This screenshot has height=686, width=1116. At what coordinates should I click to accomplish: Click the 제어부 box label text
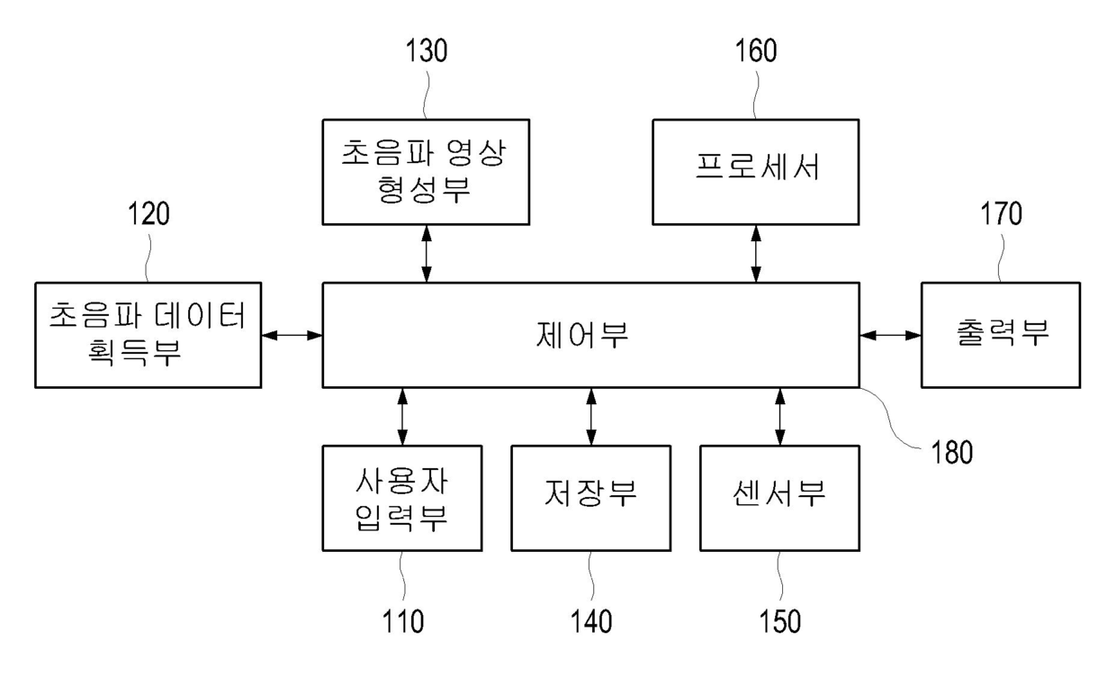pyautogui.click(x=590, y=335)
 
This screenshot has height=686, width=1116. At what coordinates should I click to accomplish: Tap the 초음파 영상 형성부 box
pyautogui.click(x=426, y=171)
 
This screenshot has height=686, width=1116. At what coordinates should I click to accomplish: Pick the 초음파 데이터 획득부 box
pyautogui.click(x=148, y=335)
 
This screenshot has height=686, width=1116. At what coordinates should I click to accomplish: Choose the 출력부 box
pyautogui.click(x=1000, y=335)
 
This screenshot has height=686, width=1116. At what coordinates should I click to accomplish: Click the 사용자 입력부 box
pyautogui.click(x=401, y=497)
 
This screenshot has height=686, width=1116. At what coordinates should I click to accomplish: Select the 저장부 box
pyautogui.click(x=590, y=497)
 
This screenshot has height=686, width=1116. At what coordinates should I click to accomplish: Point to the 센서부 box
pyautogui.click(x=779, y=497)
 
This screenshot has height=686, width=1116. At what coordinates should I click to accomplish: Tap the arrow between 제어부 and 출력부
pyautogui.click(x=890, y=335)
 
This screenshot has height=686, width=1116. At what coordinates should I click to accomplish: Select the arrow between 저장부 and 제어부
pyautogui.click(x=590, y=416)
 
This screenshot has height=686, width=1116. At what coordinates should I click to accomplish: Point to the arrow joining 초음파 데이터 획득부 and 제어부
pyautogui.click(x=292, y=335)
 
